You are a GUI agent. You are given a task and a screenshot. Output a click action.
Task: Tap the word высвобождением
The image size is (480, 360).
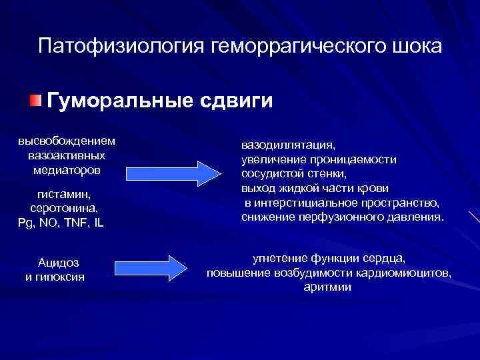pyautogui.click(x=66, y=141)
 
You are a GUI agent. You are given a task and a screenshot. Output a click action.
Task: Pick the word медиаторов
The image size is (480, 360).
pyautogui.click(x=66, y=169)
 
